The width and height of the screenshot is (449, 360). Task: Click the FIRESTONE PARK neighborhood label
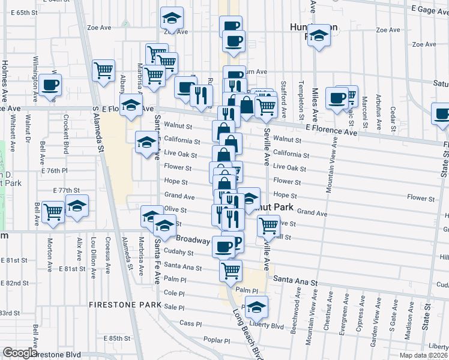pyautogui.click(x=124, y=304)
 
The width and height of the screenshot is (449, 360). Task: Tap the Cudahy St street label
pyautogui.click(x=178, y=253)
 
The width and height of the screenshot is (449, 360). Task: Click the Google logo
pyautogui.click(x=20, y=353)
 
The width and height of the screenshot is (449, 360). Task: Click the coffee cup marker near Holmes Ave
pyautogui.click(x=51, y=85)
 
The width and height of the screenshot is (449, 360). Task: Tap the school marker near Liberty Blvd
pyautogui.click(x=256, y=307)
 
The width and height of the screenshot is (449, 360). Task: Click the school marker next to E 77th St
pyautogui.click(x=77, y=206)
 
